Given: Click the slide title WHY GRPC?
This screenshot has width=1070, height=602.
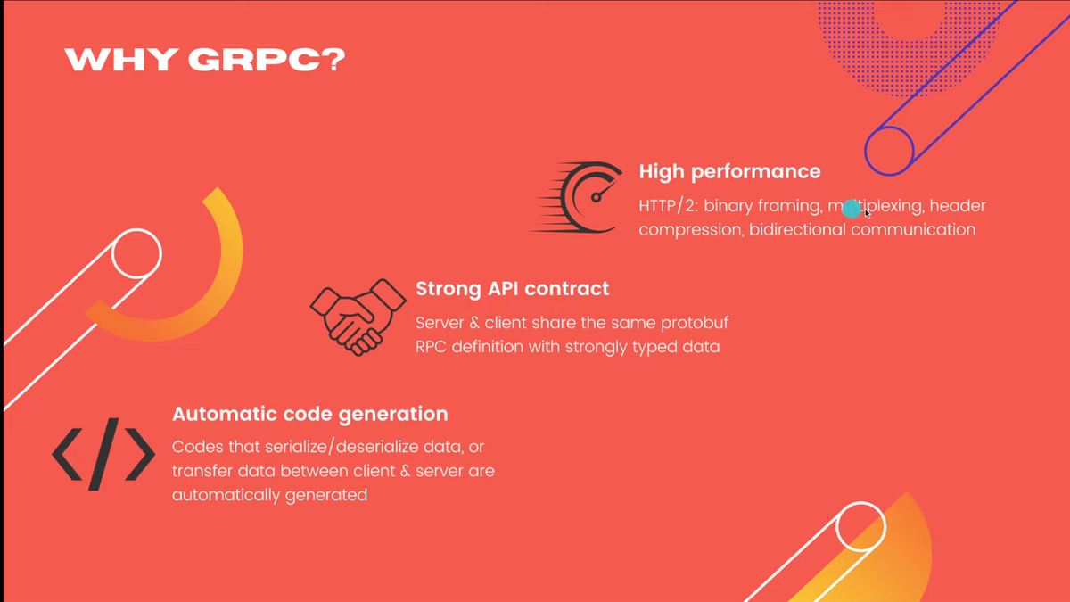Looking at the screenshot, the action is tap(204, 60).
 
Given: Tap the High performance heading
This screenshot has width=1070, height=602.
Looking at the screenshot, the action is tap(729, 172).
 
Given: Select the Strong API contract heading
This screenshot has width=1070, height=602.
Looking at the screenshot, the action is tap(512, 289).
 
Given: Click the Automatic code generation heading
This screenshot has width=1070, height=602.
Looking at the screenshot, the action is tap(310, 414).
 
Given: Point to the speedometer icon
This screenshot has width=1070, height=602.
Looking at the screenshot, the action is tap(576, 197).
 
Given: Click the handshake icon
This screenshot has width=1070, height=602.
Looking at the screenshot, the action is tap(358, 317).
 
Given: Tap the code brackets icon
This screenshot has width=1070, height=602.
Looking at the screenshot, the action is tap(103, 454).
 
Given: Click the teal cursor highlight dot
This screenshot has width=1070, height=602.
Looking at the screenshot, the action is tap(852, 209).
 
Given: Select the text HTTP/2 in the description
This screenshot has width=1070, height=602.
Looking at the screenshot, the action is tap(668, 206).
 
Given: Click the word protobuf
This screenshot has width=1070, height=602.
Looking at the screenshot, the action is tap(695, 324).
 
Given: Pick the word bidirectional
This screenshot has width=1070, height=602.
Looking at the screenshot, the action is tap(797, 230).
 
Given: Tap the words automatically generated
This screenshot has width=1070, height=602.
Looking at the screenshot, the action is tap(269, 496).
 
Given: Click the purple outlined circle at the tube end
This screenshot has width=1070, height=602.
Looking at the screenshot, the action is tap(889, 151).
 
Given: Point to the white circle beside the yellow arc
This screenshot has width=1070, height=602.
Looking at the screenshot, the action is tap(136, 253).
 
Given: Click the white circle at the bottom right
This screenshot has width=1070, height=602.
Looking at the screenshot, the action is tap(860, 526).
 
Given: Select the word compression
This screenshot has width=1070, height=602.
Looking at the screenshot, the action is tap(691, 231).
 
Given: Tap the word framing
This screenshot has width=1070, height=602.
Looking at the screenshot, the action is tap(791, 206).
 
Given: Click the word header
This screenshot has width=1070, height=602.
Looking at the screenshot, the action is tap(958, 206).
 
